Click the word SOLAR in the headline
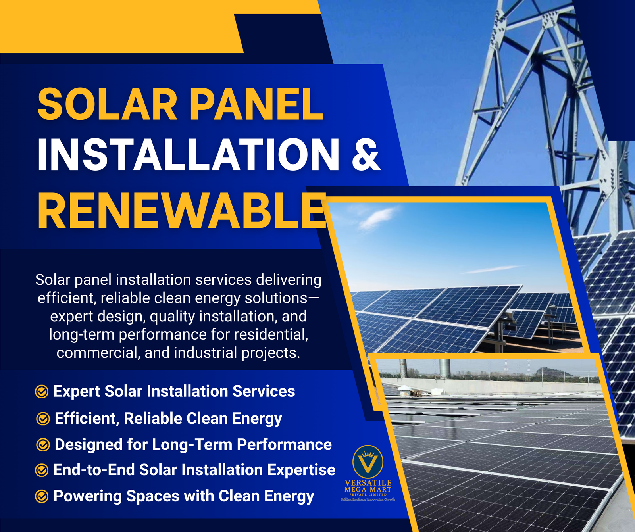click(107, 104)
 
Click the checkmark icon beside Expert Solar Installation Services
click(42, 392)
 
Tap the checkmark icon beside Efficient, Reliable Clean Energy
click(43, 419)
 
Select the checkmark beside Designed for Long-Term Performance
click(43, 445)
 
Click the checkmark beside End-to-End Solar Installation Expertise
click(42, 470)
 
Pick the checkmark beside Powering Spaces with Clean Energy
click(42, 496)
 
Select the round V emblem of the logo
click(368, 461)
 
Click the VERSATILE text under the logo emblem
click(368, 483)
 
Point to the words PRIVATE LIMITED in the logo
click(368, 495)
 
